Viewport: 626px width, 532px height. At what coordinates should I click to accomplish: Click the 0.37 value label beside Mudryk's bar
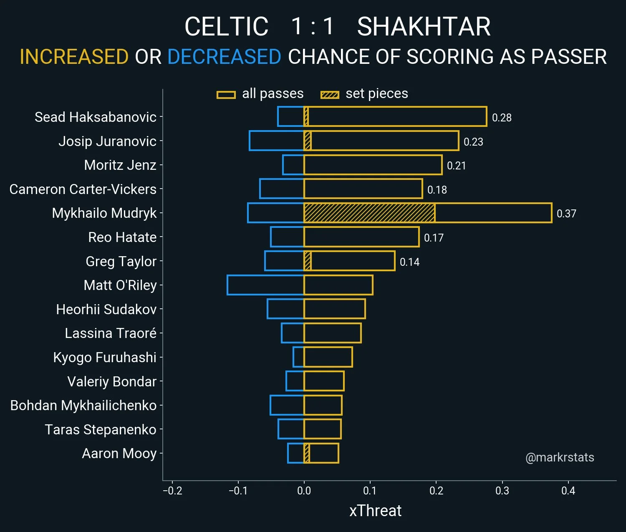[x=566, y=214]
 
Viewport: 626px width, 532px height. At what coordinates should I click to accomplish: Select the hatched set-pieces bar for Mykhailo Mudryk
[x=369, y=213]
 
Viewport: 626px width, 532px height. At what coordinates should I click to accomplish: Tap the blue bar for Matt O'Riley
[x=265, y=285]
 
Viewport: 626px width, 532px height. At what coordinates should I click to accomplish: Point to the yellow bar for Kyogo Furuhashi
[x=328, y=357]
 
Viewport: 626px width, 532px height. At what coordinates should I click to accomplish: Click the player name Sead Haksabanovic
[x=96, y=117]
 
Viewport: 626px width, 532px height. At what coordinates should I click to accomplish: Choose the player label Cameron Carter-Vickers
[x=83, y=189]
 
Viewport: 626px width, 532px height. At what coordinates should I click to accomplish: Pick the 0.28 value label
[x=502, y=118]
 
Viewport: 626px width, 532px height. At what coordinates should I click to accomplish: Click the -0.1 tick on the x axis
[x=238, y=491]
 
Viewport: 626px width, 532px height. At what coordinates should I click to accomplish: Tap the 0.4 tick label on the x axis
[x=568, y=491]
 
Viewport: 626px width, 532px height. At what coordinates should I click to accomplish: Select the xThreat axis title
[x=375, y=511]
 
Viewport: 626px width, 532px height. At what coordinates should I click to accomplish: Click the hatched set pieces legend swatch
[x=330, y=95]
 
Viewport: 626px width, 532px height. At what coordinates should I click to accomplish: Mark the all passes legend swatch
[x=226, y=95]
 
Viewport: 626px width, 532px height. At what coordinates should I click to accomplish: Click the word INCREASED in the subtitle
[x=74, y=57]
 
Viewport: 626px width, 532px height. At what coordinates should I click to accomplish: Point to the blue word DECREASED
[x=224, y=57]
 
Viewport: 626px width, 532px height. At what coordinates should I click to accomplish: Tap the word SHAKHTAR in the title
[x=424, y=27]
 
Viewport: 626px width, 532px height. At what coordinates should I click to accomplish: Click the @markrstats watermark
[x=560, y=457]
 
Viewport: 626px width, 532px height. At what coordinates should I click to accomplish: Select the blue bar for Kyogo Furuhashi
[x=298, y=357]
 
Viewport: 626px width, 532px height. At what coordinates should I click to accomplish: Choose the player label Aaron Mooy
[x=119, y=454]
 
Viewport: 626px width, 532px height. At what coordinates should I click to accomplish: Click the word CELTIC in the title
[x=226, y=27]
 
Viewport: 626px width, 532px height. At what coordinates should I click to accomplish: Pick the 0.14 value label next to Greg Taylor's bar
[x=409, y=262]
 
